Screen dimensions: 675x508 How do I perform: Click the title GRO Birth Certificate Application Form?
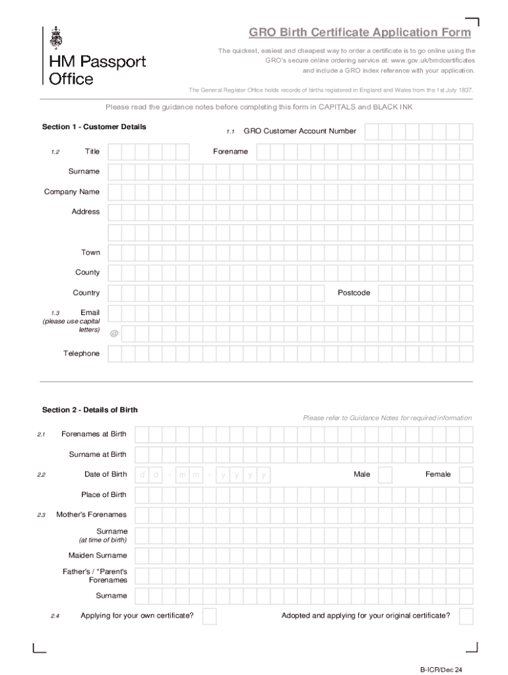point(360,32)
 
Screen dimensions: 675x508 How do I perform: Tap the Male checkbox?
point(385,475)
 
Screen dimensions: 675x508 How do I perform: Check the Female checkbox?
point(466,475)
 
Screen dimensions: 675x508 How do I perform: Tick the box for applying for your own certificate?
point(209,616)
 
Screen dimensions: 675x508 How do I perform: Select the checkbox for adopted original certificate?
point(466,616)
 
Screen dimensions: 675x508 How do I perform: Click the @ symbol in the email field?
point(115,334)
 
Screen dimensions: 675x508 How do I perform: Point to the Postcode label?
point(354,293)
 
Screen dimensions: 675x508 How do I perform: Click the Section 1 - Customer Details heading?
point(94,127)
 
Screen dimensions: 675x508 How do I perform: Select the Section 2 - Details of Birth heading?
point(90,410)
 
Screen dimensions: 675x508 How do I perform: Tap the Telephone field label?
point(82,354)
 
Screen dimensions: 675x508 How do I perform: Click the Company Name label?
point(72,192)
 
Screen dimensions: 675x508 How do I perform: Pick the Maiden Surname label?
point(98,555)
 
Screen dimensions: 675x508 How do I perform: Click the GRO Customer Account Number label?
point(300,131)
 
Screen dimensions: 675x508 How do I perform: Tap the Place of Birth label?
point(104,494)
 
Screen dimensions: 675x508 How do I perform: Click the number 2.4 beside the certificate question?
point(55,616)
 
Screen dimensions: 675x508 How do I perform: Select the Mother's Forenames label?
point(92,514)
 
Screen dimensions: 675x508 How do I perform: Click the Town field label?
point(91,252)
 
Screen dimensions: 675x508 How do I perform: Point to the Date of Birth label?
point(106,474)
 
